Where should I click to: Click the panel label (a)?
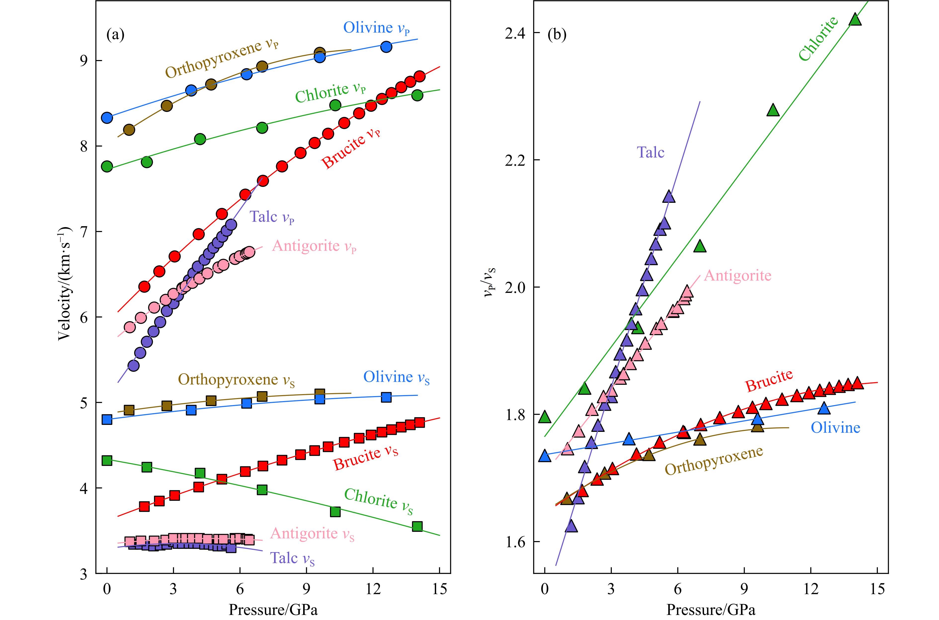tap(115, 35)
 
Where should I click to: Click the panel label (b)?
tap(557, 35)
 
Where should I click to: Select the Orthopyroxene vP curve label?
tap(222, 59)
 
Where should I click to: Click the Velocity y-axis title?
tap(65, 283)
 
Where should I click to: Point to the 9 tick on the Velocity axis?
tap(86, 61)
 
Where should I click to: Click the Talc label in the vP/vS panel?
tap(651, 152)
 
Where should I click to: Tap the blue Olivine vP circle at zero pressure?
tap(107, 117)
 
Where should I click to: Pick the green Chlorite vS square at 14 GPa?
tap(417, 526)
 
